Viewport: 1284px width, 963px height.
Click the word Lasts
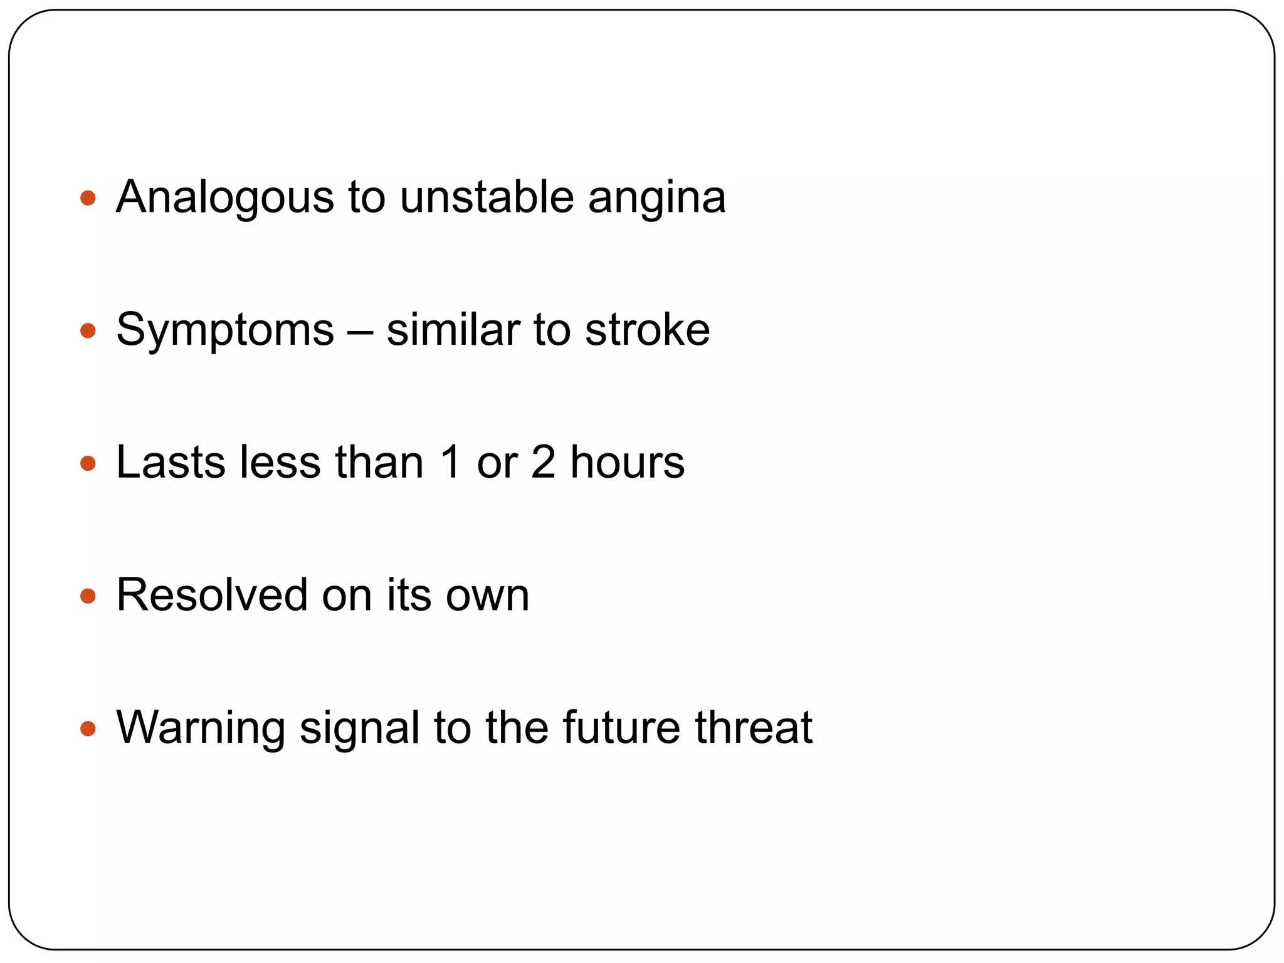point(171,463)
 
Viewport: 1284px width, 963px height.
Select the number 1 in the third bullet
point(450,463)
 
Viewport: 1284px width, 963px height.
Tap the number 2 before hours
point(543,463)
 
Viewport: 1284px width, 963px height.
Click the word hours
point(627,463)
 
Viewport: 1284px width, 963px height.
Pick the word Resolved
point(212,595)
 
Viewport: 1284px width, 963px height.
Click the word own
point(487,596)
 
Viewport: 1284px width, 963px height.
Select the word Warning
point(201,729)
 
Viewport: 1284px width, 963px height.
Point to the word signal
point(359,729)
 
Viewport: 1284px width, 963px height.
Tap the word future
point(621,728)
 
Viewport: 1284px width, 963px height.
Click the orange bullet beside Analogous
point(88,199)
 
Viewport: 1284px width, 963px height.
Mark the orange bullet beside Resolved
point(88,596)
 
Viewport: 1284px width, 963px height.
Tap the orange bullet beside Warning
point(88,729)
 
